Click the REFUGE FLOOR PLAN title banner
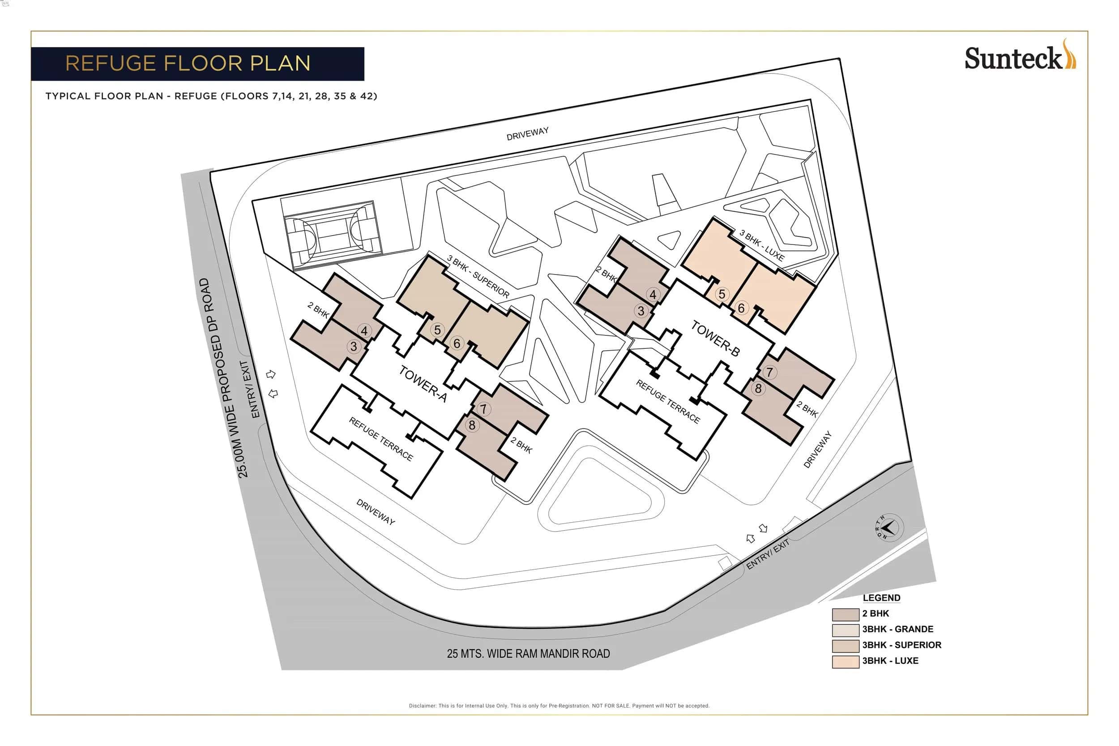pyautogui.click(x=197, y=64)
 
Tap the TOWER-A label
pyautogui.click(x=423, y=383)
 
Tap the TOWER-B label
pyautogui.click(x=715, y=338)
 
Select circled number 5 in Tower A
pyautogui.click(x=437, y=330)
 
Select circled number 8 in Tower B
pyautogui.click(x=758, y=388)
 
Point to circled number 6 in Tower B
pyautogui.click(x=741, y=308)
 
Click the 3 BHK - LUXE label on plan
pyautogui.click(x=761, y=245)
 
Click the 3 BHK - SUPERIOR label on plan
pyautogui.click(x=478, y=276)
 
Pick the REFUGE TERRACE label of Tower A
pyautogui.click(x=380, y=439)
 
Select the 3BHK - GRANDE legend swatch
pyautogui.click(x=845, y=630)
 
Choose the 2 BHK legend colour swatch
pyautogui.click(x=845, y=614)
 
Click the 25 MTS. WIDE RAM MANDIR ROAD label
pyautogui.click(x=528, y=654)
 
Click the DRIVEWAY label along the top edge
pyautogui.click(x=527, y=134)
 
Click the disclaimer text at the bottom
pyautogui.click(x=559, y=706)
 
